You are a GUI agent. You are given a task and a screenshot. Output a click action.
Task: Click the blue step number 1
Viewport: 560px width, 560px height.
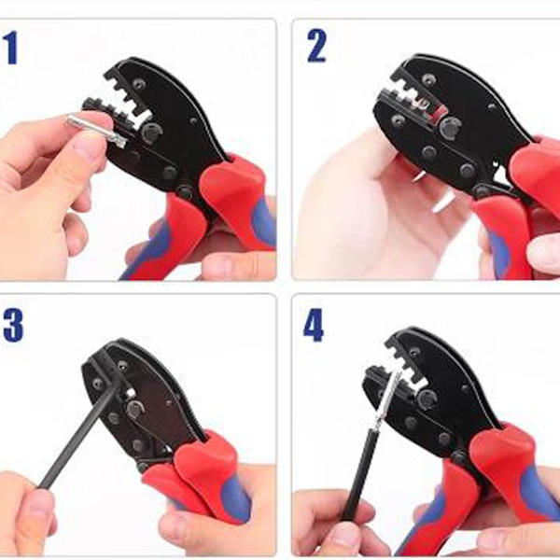pos(11,48)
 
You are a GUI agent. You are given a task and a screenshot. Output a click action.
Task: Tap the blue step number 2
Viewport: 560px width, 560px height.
pos(316,46)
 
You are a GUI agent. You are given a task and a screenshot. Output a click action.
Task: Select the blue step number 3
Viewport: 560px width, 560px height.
pos(13,326)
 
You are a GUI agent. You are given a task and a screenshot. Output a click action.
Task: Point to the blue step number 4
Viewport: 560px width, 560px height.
pos(314,325)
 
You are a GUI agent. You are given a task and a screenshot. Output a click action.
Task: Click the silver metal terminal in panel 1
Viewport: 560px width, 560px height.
pos(96,130)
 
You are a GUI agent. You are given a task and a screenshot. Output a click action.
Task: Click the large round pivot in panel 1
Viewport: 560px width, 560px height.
pos(151,133)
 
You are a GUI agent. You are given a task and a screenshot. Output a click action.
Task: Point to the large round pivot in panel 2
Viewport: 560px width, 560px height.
pos(450,128)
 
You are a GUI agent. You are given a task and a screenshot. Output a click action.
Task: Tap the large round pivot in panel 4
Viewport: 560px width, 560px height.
pos(427,399)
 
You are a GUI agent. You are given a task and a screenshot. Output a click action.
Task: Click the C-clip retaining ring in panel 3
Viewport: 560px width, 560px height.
pos(134,410)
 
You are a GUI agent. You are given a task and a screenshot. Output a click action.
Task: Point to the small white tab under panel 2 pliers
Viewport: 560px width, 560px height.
pos(444,203)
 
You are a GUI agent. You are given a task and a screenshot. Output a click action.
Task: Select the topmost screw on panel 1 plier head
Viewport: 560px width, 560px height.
pos(139,84)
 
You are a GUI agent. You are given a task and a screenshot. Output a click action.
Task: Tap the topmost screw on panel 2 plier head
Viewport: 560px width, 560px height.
pos(428,79)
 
